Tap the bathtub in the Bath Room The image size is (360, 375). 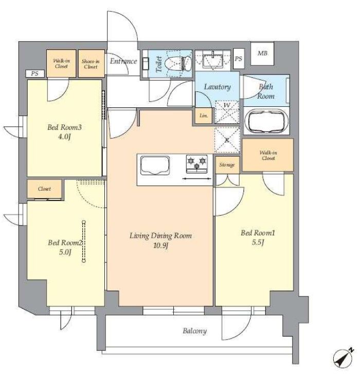(266, 122)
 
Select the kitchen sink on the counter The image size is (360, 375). (155, 165)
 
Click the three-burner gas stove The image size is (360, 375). (197, 164)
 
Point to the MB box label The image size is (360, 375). (262, 53)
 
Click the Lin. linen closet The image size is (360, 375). (204, 116)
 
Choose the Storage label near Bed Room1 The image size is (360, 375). (227, 165)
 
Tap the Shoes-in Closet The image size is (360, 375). (91, 63)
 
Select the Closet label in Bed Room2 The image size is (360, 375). (45, 189)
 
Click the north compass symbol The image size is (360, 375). (344, 358)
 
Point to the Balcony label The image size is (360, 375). (194, 331)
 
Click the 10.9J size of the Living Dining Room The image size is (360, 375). (160, 246)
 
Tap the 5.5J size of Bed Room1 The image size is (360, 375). (258, 242)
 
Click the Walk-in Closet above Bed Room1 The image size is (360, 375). (268, 155)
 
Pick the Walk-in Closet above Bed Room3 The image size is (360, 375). (61, 63)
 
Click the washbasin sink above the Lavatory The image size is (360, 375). (213, 60)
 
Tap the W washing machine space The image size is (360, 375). (227, 112)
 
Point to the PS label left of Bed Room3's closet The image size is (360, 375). (35, 73)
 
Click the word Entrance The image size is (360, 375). (123, 61)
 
